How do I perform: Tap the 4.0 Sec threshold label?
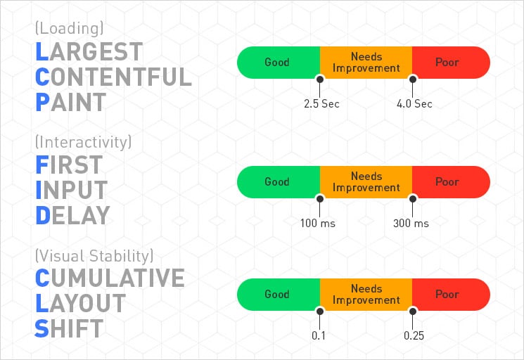click(414, 104)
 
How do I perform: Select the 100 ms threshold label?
click(319, 224)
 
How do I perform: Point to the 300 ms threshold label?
click(411, 224)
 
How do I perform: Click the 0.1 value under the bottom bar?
click(319, 336)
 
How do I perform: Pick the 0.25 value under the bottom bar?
click(413, 336)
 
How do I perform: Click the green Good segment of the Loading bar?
click(277, 62)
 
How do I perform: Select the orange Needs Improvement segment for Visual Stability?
click(366, 294)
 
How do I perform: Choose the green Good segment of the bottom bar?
click(277, 294)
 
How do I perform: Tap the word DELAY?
click(72, 215)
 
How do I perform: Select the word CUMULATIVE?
click(110, 278)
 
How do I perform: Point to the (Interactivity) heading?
click(83, 142)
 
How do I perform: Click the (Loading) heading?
click(69, 29)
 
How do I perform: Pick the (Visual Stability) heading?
click(94, 255)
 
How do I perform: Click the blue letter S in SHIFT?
click(42, 328)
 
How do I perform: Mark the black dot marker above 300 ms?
click(413, 198)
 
